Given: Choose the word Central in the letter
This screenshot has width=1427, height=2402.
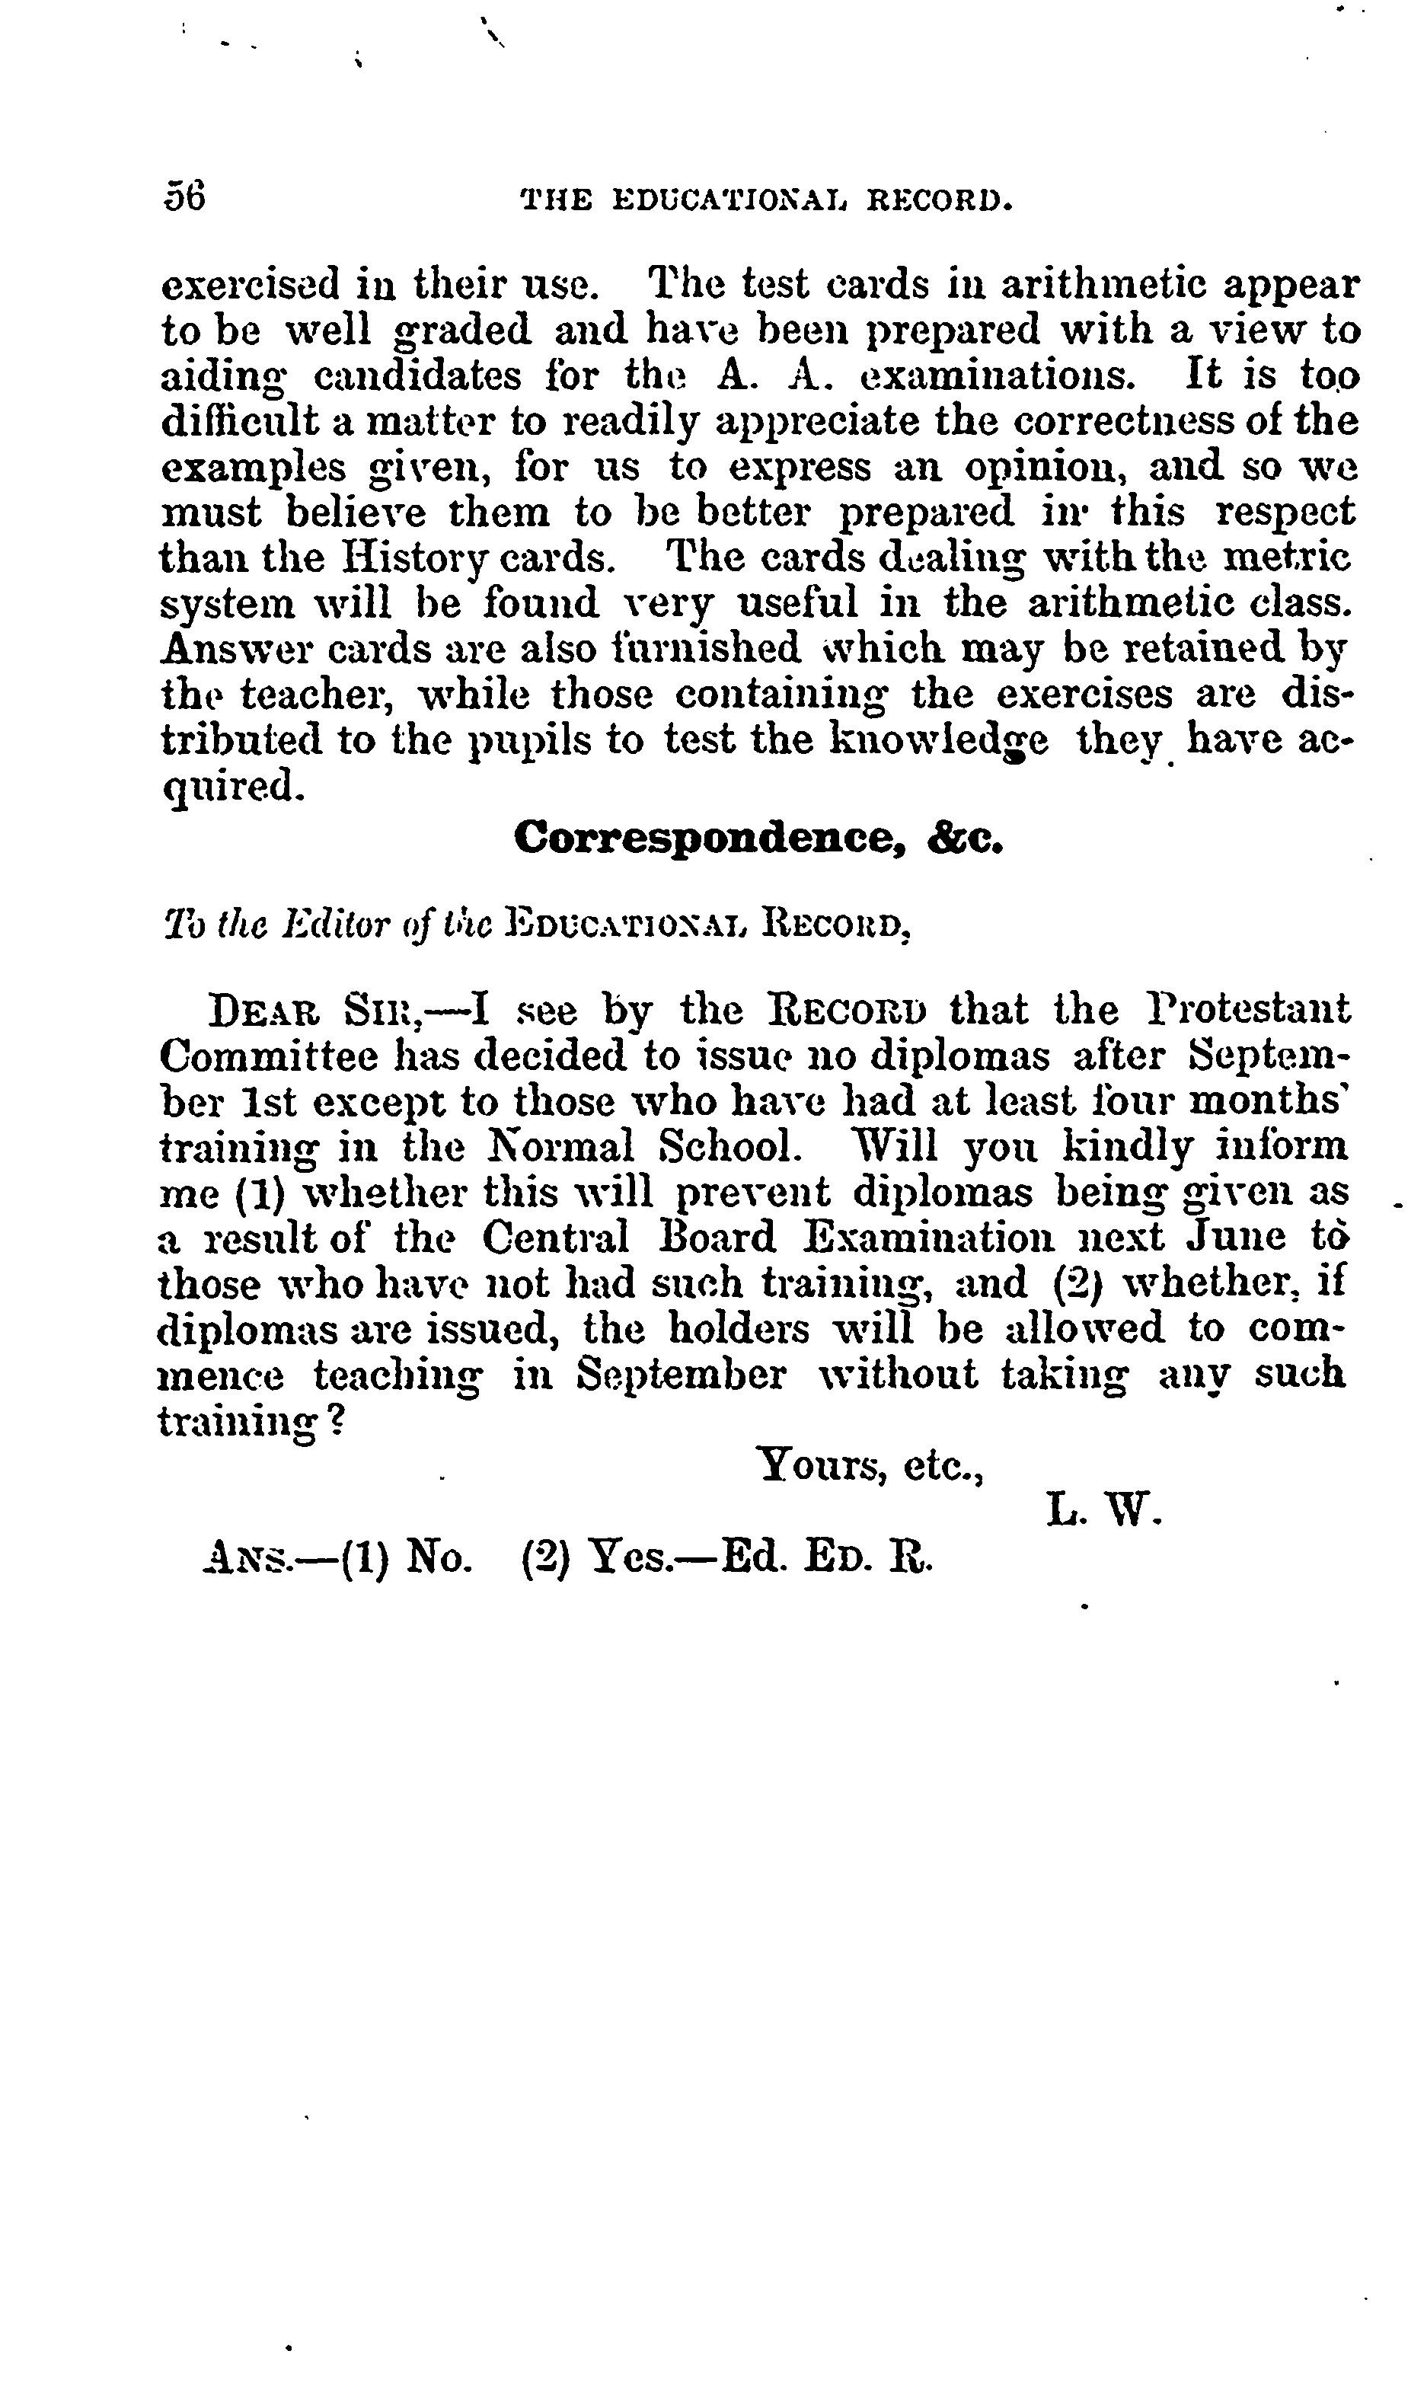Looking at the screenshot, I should point(556,1238).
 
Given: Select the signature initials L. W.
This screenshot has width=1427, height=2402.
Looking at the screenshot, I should point(1105,1512).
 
